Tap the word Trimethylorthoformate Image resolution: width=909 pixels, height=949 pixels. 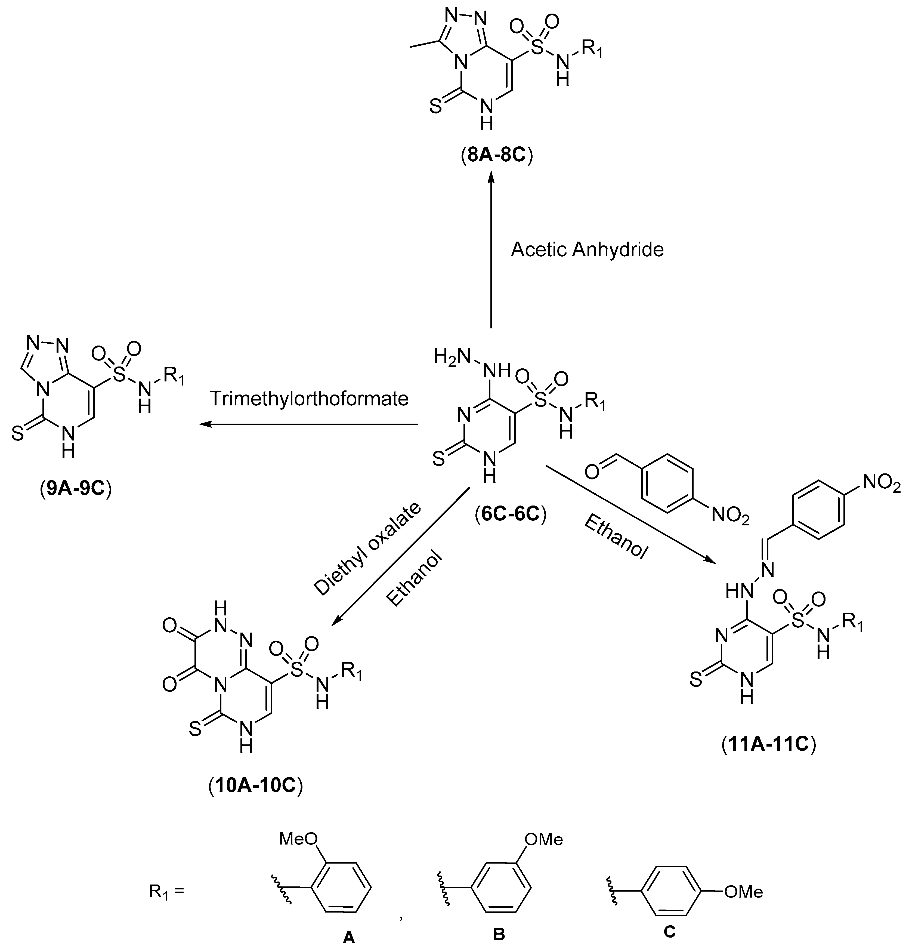(309, 399)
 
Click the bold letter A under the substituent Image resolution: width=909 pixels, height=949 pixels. (348, 937)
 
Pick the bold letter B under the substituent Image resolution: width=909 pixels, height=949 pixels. (499, 932)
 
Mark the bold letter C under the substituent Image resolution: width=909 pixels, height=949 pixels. (669, 930)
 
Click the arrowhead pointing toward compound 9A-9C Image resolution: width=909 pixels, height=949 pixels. (205, 424)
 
